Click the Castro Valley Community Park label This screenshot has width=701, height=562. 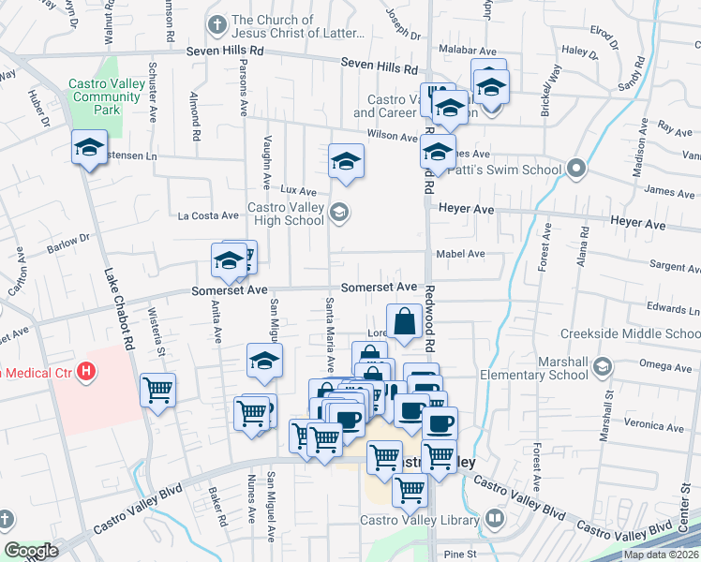pyautogui.click(x=107, y=96)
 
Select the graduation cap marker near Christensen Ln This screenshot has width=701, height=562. pyautogui.click(x=90, y=148)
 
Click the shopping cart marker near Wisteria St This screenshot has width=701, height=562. pyautogui.click(x=157, y=389)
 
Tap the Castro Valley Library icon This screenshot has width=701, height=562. pyautogui.click(x=495, y=519)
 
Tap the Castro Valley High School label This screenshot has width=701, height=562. pyautogui.click(x=285, y=214)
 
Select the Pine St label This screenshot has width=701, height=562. pyautogui.click(x=460, y=555)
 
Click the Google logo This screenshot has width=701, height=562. pyautogui.click(x=31, y=551)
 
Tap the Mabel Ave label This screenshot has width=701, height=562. pyautogui.click(x=460, y=254)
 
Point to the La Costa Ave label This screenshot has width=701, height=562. pyautogui.click(x=208, y=215)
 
